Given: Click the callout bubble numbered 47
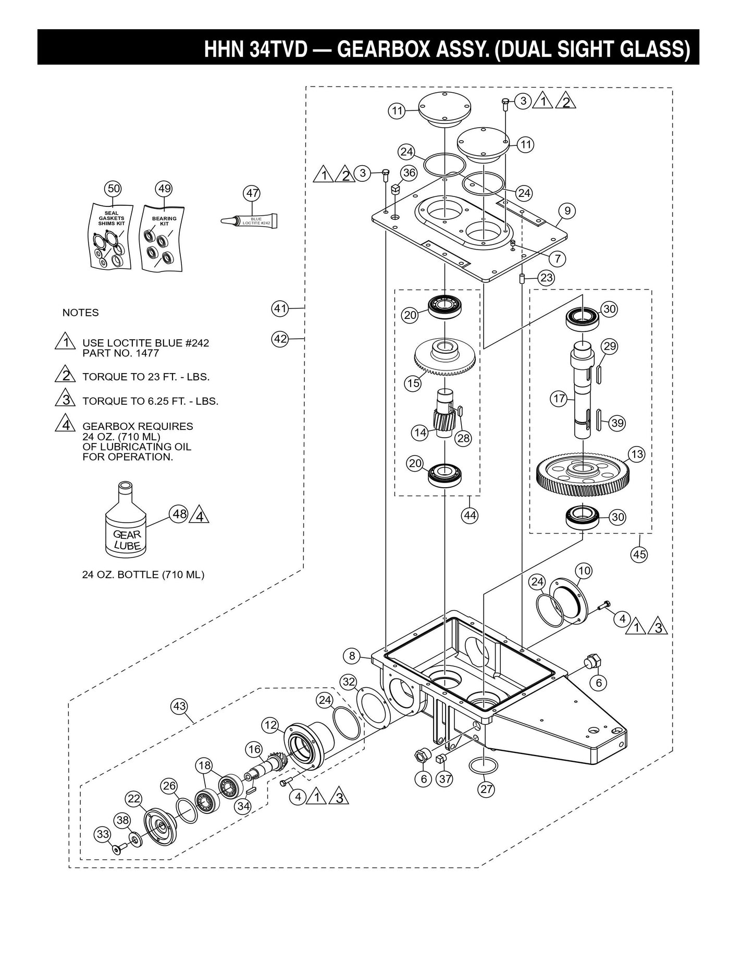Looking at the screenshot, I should (252, 193).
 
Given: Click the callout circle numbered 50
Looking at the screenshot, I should (113, 189).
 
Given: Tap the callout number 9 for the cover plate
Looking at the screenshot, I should (567, 211).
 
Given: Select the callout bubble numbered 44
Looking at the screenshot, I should (470, 515).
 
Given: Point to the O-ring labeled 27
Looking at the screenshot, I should (483, 765).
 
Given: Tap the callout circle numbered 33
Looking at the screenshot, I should (103, 834).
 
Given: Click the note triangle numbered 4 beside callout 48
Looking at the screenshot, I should (200, 516).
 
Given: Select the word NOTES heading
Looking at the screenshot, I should (80, 313).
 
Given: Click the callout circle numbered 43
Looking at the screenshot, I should (179, 707).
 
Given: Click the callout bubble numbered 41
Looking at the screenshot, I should (280, 308).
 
